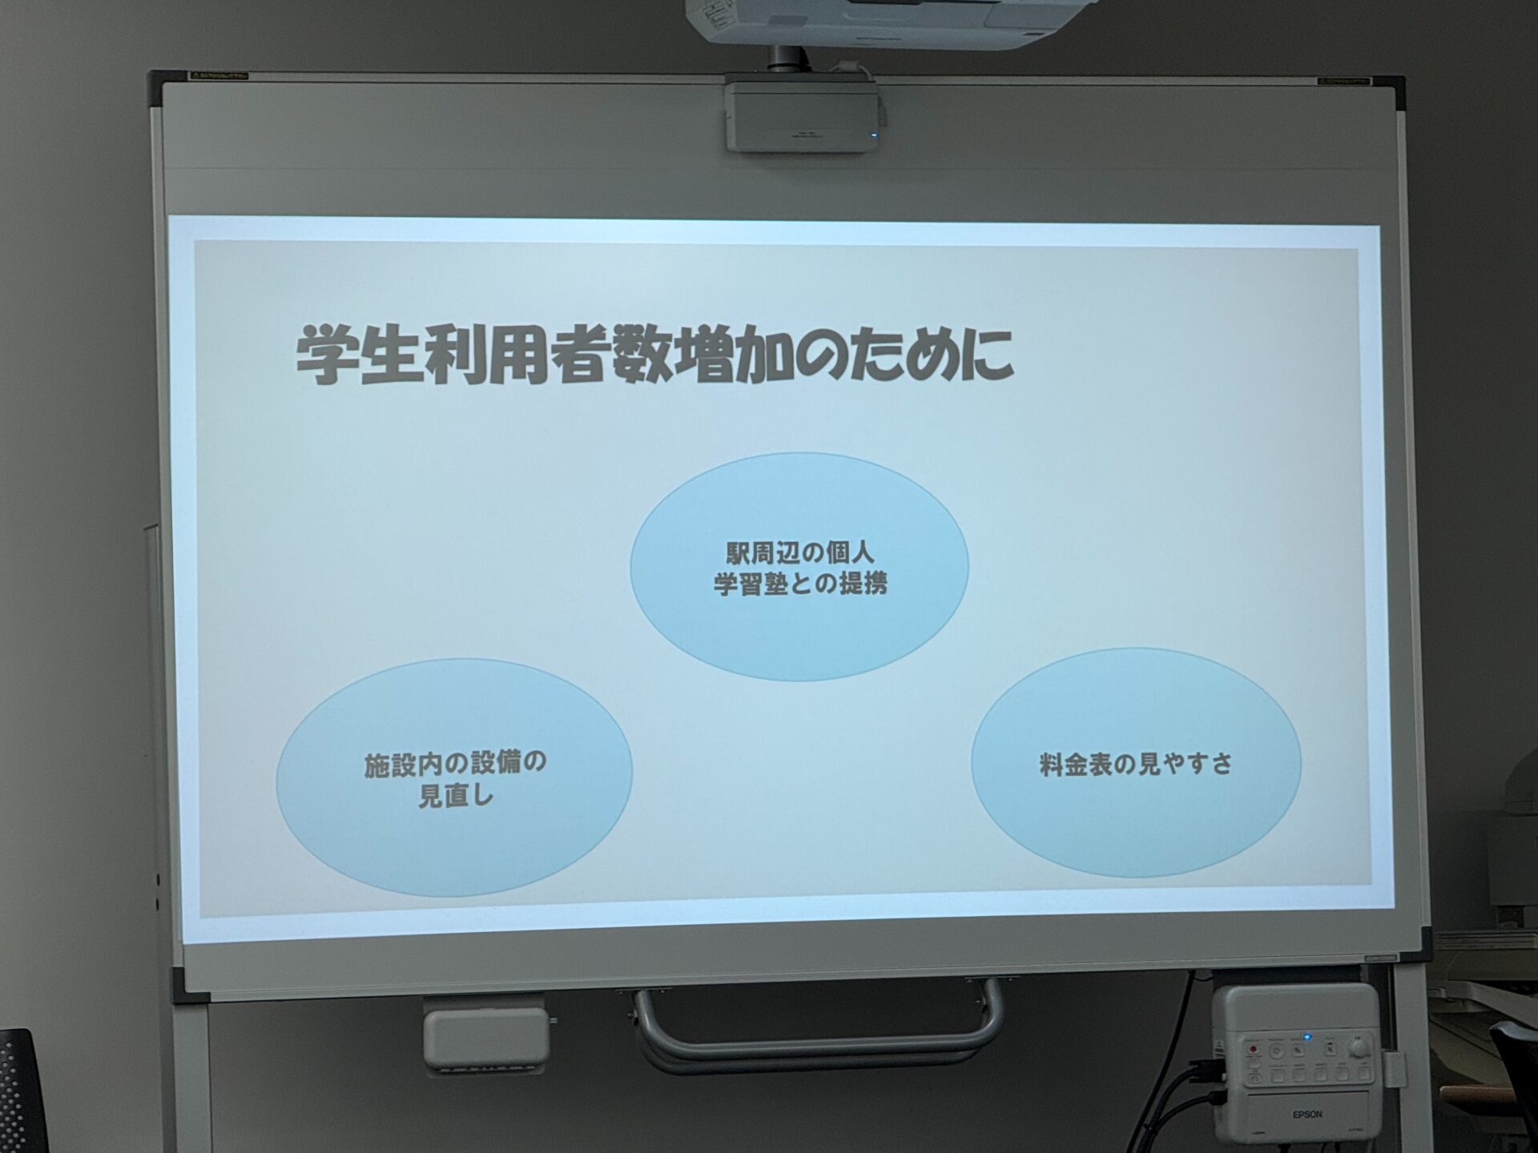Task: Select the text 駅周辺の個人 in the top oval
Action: [x=799, y=552]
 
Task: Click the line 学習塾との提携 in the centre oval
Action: [x=800, y=584]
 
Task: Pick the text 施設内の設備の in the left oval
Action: [x=455, y=763]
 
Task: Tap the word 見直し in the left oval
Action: [x=456, y=796]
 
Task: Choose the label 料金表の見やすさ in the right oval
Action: [x=1136, y=765]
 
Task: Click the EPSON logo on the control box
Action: [x=1307, y=1115]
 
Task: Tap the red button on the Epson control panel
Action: [x=1253, y=1049]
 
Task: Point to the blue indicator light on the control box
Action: [x=1307, y=1038]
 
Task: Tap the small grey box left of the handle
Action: [x=486, y=1039]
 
